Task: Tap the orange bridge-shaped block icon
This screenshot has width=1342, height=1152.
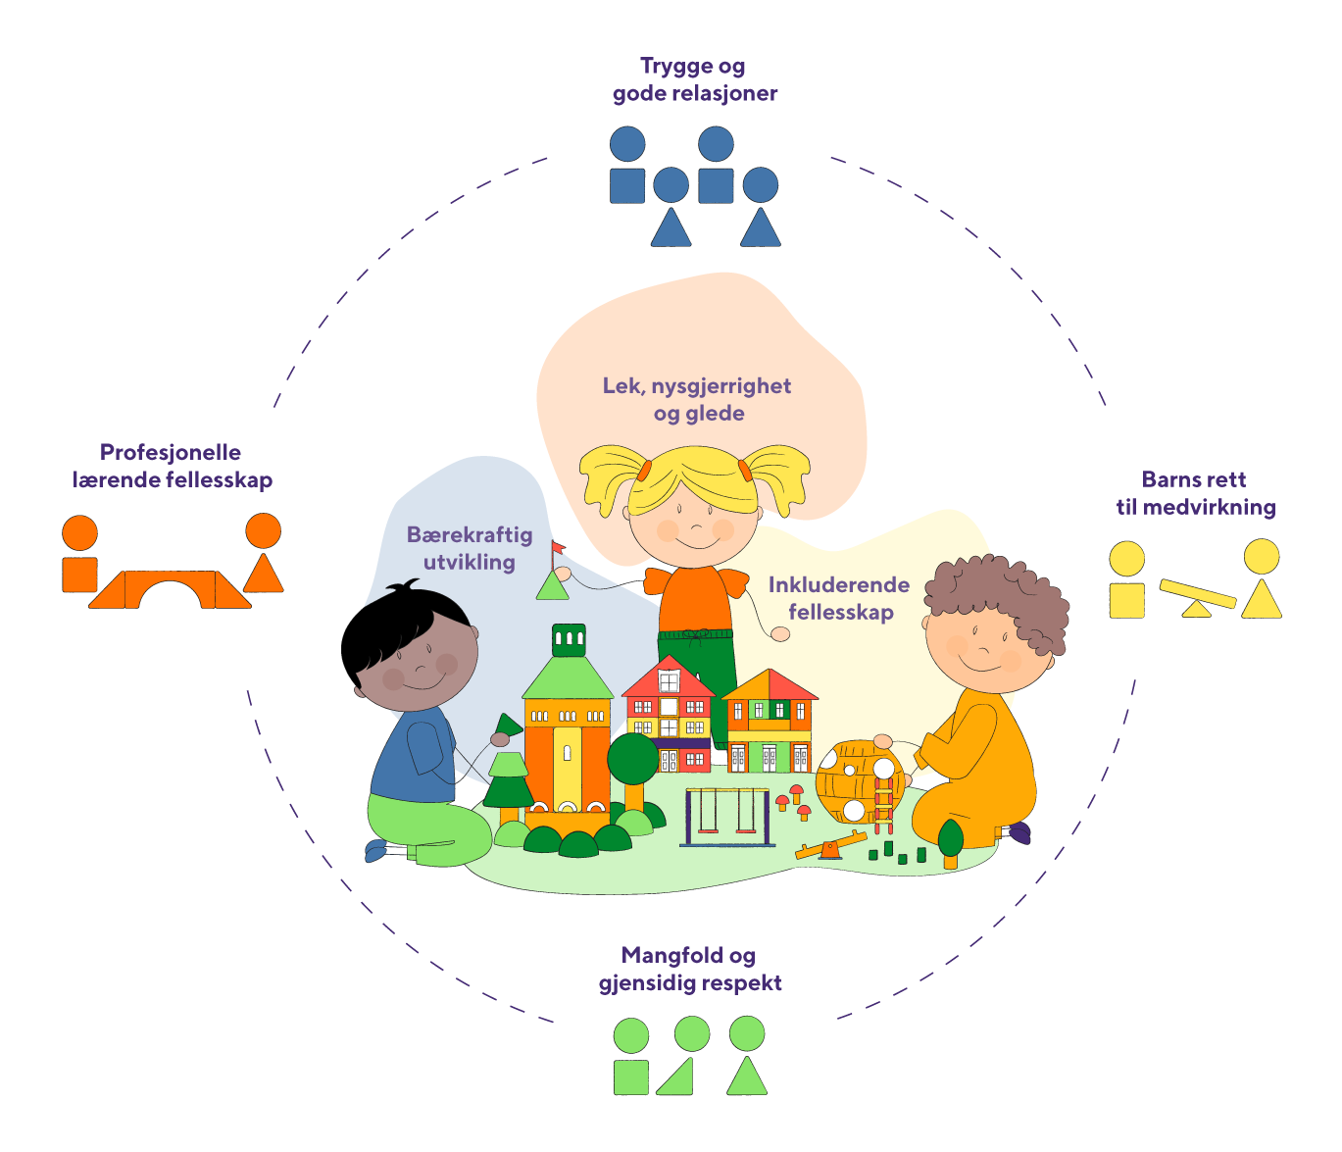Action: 171,590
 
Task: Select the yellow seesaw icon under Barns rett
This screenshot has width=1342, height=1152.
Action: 1197,597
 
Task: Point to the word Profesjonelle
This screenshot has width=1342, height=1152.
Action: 171,452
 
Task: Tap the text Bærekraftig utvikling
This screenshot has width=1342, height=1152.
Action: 470,548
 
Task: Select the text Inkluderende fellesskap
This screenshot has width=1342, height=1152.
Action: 839,598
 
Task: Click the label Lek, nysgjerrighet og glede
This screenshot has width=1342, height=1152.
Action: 697,399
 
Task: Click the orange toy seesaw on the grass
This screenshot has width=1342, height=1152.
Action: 831,846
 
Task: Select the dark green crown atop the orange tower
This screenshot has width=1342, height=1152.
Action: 569,640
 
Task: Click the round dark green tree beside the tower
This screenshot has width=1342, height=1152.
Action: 632,759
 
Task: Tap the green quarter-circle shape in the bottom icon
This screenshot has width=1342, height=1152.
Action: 677,1077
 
